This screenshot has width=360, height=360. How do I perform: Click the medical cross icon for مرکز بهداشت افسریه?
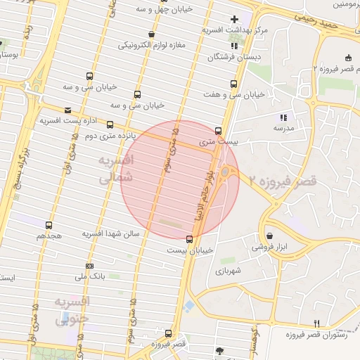pos(235,19)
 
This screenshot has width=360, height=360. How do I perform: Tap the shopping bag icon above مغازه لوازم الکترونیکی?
pos(152,34)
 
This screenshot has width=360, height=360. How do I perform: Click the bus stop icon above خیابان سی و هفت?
pos(224,83)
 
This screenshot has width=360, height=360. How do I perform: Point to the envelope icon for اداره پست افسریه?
pos(67,110)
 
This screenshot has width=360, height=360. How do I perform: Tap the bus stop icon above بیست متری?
pos(218,131)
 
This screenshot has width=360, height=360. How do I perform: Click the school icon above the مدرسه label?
pos(283,117)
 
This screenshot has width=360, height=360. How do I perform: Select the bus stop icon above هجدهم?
pos(49,225)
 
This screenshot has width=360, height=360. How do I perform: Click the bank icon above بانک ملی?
pos(89,266)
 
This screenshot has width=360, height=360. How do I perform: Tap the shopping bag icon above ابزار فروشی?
pos(271,236)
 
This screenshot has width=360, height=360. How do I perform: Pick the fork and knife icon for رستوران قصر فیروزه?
pos(316,323)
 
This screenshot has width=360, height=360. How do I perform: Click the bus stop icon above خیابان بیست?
pos(189,239)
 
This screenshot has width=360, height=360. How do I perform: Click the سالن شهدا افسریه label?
pos(112,233)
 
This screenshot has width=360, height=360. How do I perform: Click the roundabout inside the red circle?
pos(225,172)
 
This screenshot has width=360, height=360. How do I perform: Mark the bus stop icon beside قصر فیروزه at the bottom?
pos(168,333)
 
